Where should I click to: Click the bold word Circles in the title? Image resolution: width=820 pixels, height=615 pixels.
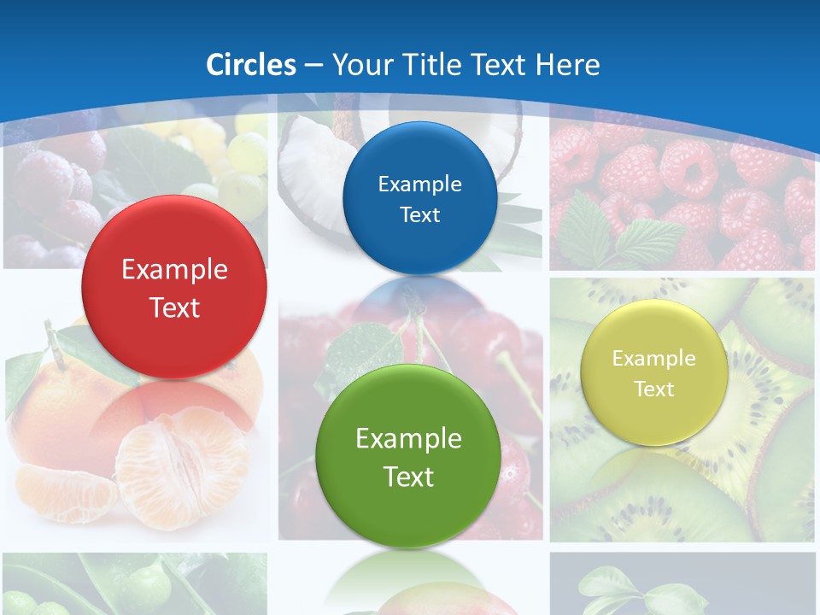[250, 65]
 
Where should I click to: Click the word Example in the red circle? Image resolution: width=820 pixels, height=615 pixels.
[174, 270]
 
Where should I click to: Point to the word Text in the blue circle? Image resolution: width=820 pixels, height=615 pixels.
[419, 215]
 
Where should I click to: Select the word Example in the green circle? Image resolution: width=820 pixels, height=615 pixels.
[408, 439]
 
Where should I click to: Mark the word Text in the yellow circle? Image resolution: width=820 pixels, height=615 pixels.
[653, 389]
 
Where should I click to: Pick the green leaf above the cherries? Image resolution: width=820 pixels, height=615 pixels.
[363, 350]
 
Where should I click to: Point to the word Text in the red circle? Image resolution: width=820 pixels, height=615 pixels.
[174, 307]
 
